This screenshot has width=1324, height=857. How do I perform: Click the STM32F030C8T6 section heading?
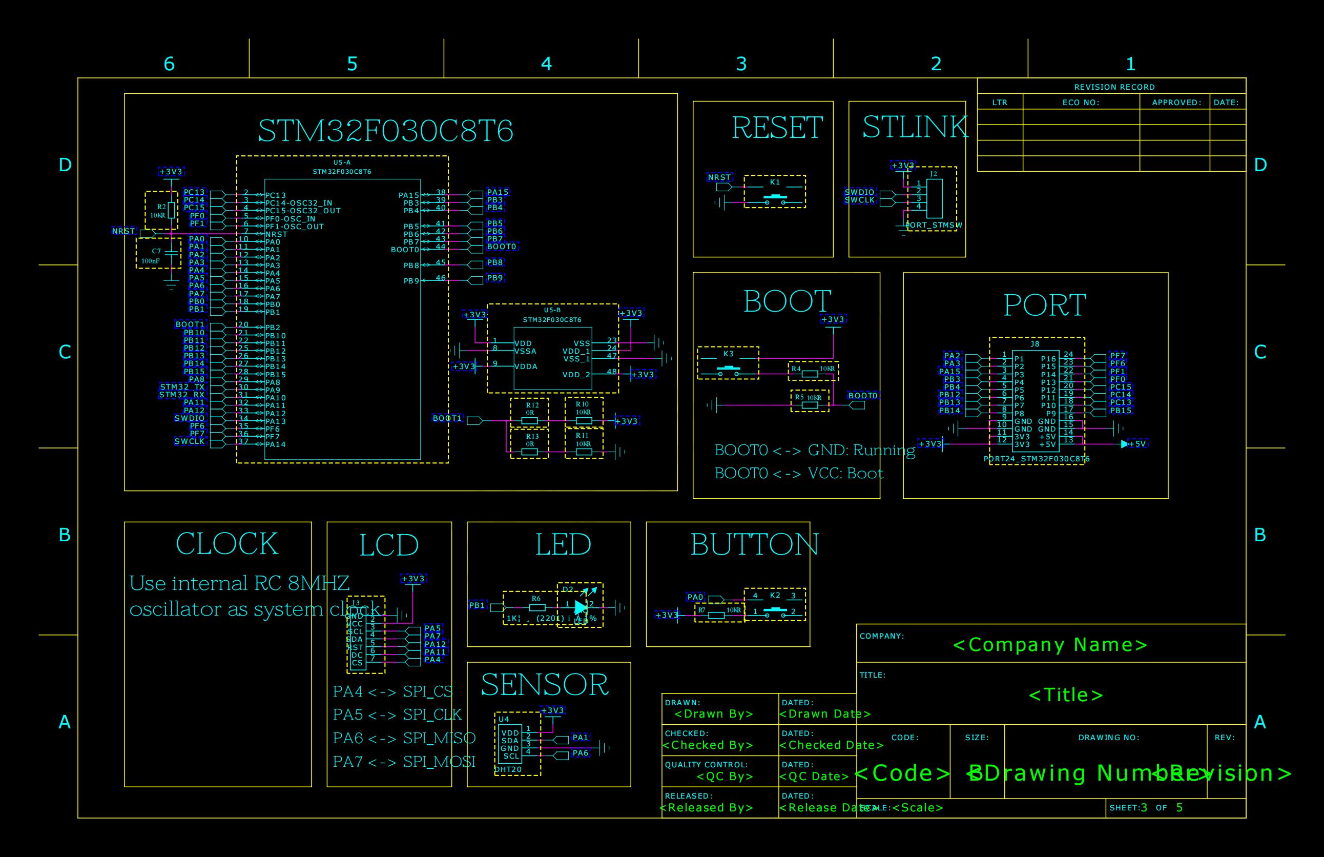click(x=385, y=131)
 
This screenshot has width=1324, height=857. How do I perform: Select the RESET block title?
click(x=777, y=128)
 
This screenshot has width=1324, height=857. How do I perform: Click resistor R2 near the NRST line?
click(x=171, y=210)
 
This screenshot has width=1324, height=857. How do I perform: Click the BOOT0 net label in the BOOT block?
click(x=862, y=396)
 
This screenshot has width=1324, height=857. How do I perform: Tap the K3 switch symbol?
click(x=728, y=368)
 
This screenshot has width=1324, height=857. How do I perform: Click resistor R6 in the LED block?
click(x=536, y=607)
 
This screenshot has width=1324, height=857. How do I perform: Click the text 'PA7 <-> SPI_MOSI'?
click(x=404, y=761)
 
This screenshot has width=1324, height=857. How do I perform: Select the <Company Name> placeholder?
click(x=1050, y=645)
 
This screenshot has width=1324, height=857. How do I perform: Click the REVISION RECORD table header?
click(x=1114, y=87)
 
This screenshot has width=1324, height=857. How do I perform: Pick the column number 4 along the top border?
click(x=546, y=64)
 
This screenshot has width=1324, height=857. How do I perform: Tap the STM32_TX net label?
click(x=182, y=387)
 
